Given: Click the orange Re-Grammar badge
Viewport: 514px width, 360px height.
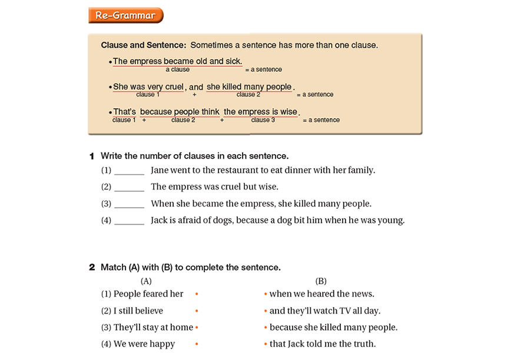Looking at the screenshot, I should point(125,15).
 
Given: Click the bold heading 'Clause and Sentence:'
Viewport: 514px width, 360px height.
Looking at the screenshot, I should point(144,45).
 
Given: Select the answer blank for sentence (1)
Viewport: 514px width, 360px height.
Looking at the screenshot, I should point(130,171).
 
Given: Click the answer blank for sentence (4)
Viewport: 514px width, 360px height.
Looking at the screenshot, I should point(130,222).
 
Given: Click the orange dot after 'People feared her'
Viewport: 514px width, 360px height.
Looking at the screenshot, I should point(197,294).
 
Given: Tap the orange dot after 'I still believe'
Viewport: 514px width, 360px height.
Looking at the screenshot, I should point(197,311).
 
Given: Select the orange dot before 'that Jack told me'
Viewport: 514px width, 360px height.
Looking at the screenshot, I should point(266,344).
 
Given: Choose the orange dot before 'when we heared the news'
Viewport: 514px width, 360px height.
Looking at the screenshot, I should point(266,294).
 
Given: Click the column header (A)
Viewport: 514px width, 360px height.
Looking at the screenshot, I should point(146,281).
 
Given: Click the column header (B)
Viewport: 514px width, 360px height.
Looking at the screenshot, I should point(321,281).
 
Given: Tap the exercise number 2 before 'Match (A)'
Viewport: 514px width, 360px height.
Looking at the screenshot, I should point(92,268).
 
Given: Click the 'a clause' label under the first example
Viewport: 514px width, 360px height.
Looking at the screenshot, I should point(177,69).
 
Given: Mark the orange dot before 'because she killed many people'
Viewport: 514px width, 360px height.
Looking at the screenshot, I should point(266,328).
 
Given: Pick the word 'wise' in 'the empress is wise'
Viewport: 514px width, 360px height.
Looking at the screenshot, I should point(288,112).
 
